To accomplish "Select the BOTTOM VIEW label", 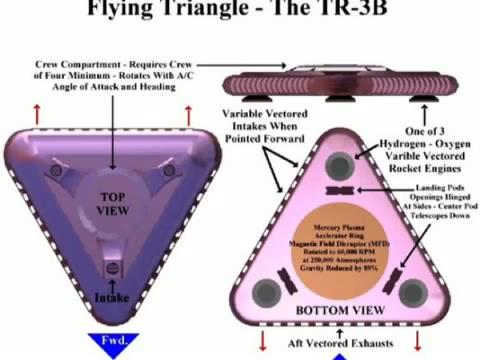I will tap(340, 311).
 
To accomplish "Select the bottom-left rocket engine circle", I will tap(268, 292).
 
